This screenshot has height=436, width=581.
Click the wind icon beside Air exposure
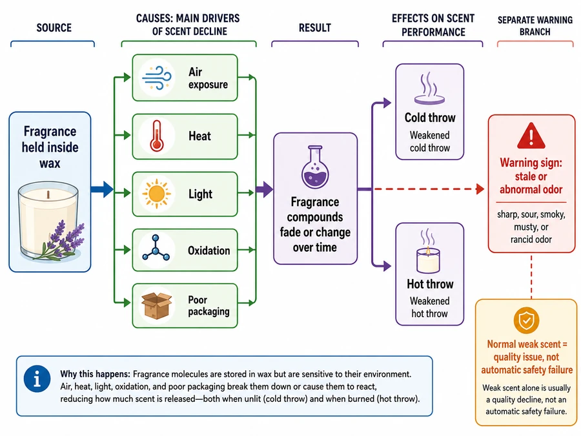pyautogui.click(x=157, y=78)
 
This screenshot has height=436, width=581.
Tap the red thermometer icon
pyautogui.click(x=156, y=136)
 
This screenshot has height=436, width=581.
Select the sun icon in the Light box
pyautogui.click(x=156, y=194)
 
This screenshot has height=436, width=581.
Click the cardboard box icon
pyautogui.click(x=157, y=306)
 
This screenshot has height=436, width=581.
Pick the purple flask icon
pyautogui.click(x=315, y=167)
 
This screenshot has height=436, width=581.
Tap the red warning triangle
pyautogui.click(x=531, y=136)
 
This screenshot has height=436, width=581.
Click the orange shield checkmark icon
pyautogui.click(x=526, y=320)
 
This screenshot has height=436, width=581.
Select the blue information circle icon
pyautogui.click(x=37, y=379)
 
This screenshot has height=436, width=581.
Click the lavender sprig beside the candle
pyautogui.click(x=61, y=241)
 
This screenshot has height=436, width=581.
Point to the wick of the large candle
pyautogui.click(x=48, y=194)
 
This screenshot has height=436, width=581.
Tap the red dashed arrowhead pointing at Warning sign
pyautogui.click(x=480, y=189)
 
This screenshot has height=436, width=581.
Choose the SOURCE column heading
pyautogui.click(x=54, y=28)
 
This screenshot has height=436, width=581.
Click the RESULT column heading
pyautogui.click(x=315, y=28)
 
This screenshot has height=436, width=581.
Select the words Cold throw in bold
pyautogui.click(x=430, y=118)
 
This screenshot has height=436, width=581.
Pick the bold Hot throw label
pyautogui.click(x=430, y=284)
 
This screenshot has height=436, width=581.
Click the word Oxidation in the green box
pyautogui.click(x=209, y=251)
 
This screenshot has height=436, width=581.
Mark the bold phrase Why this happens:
pyautogui.click(x=96, y=374)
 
